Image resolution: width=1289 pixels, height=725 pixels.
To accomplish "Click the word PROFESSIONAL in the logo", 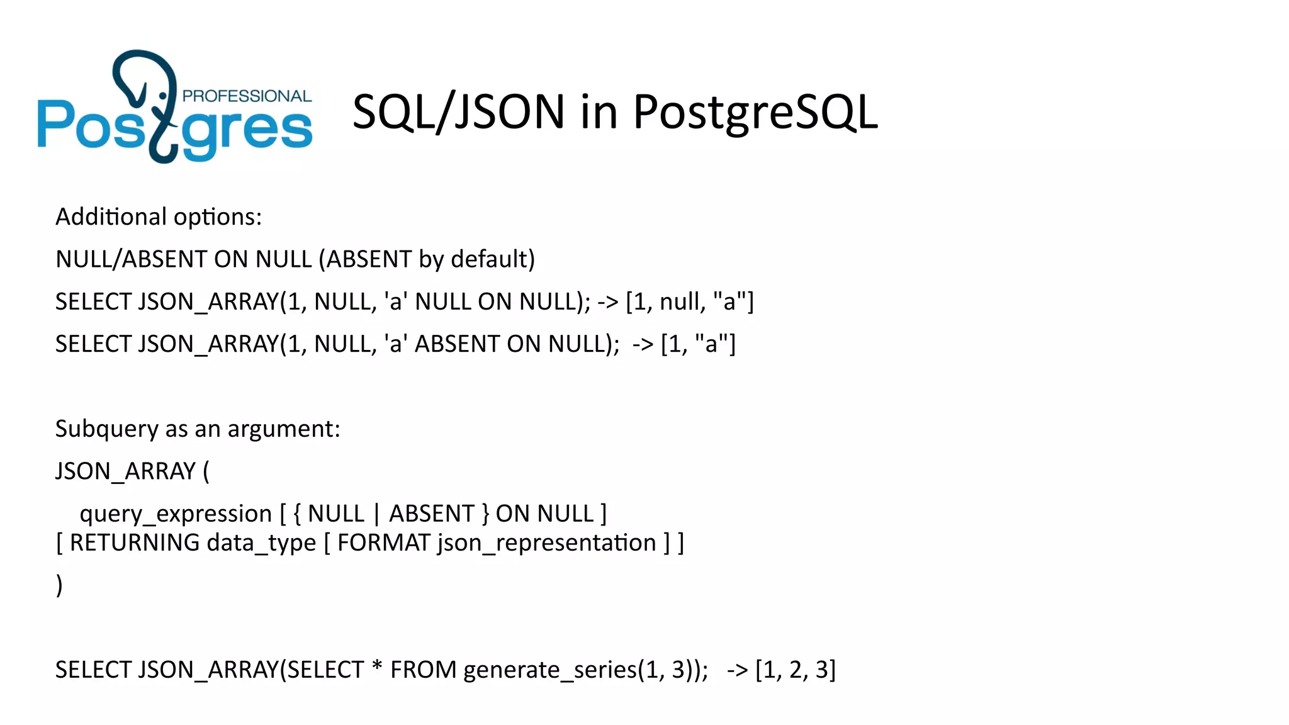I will (247, 96).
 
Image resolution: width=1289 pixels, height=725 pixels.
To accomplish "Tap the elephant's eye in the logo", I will (163, 96).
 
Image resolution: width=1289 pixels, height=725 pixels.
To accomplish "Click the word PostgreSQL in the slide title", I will (755, 112).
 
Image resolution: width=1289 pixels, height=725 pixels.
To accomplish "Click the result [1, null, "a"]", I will (690, 302).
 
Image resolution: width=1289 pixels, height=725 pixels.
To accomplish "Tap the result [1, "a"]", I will (698, 344).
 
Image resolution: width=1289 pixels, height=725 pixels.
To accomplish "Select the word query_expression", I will (176, 514).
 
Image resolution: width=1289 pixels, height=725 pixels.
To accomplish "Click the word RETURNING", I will (135, 543).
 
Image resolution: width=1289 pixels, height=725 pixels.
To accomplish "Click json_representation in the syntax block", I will (547, 543).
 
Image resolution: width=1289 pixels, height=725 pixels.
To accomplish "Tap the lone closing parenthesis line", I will (59, 585).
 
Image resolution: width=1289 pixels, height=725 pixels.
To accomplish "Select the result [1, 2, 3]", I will (796, 670).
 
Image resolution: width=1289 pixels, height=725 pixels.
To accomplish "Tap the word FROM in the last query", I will (423, 670).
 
